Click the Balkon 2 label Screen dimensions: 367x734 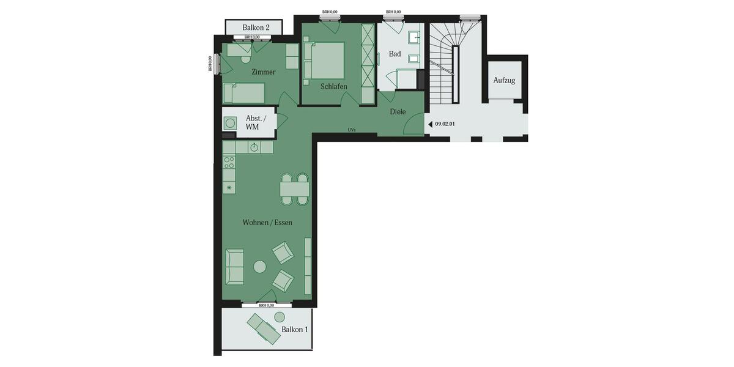(256, 28)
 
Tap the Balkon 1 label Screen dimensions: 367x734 (295, 330)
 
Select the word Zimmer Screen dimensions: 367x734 (263, 72)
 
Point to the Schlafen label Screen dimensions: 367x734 (333, 87)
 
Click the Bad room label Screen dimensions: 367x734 (395, 54)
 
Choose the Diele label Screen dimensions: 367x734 (398, 112)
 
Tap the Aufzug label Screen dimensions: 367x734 (504, 81)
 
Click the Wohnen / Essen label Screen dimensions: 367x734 (267, 223)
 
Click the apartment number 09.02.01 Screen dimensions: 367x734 (445, 124)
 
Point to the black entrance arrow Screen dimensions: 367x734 (430, 124)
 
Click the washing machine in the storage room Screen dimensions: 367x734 (231, 123)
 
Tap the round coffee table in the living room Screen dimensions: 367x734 (260, 267)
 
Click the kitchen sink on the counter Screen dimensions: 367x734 (254, 147)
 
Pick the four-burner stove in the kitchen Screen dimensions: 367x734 (229, 162)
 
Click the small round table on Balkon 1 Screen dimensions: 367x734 (280, 317)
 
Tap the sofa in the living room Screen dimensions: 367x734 (234, 267)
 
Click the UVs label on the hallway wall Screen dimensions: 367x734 (352, 130)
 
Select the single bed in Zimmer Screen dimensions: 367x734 (243, 94)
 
